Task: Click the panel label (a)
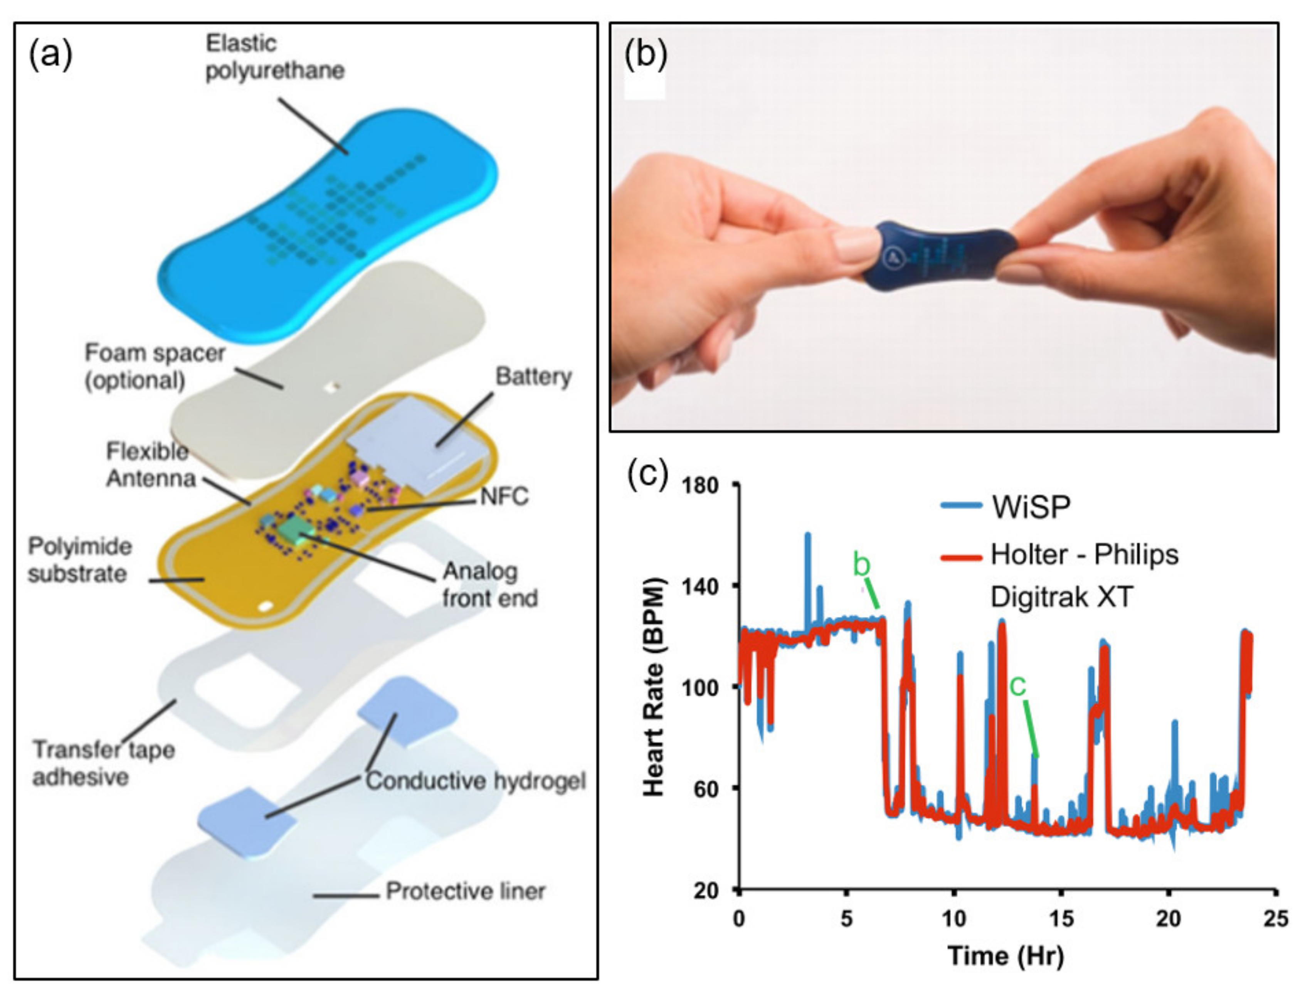click(x=50, y=55)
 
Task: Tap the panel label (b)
click(x=645, y=55)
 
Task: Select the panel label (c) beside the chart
click(x=647, y=474)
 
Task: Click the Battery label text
click(x=533, y=376)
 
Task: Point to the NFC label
click(x=504, y=496)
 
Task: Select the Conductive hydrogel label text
click(x=476, y=780)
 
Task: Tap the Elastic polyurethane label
click(x=274, y=57)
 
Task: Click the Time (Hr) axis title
click(x=1006, y=955)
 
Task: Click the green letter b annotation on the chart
click(x=861, y=565)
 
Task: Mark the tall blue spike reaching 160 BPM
click(x=807, y=537)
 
